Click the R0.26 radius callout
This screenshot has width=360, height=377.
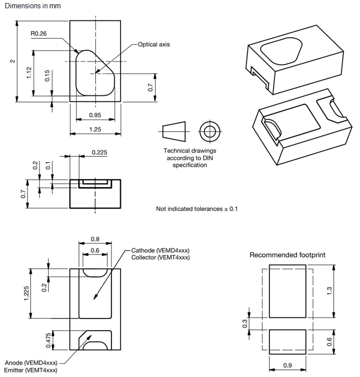pos(39,34)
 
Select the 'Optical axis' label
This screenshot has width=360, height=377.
pos(154,44)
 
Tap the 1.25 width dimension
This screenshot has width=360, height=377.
pos(95,129)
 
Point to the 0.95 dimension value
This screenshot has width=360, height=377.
pos(95,115)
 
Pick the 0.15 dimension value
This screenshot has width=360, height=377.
pos(47,76)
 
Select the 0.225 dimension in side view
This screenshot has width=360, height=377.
pos(99,152)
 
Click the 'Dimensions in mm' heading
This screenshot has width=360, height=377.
pos(33,6)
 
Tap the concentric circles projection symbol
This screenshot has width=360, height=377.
pos(207,132)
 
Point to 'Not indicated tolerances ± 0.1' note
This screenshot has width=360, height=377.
pos(197,209)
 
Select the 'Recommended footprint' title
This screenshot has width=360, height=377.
pos(287,255)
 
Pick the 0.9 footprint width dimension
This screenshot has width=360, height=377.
pos(287,365)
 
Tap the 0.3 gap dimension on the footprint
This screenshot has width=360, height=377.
pos(245,323)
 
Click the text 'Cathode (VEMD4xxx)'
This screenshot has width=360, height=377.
pos(160,250)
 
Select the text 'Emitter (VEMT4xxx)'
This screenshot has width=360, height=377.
pos(31,370)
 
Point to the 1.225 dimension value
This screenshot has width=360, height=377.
pos(26,293)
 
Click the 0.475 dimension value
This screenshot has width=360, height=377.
pos(48,340)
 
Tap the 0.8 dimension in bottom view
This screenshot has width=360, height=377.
pos(95,239)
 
